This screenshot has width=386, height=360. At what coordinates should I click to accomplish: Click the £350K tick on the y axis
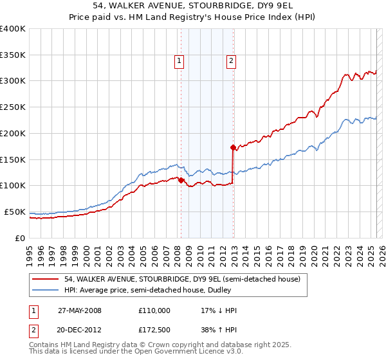[13, 55]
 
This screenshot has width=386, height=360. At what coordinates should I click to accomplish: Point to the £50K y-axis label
[15, 212]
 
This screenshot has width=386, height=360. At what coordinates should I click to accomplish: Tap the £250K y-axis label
[13, 107]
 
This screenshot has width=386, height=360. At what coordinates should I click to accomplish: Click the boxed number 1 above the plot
[178, 61]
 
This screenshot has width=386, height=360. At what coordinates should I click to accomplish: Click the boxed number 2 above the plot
[230, 61]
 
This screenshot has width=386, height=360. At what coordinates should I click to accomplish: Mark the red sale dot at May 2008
[181, 180]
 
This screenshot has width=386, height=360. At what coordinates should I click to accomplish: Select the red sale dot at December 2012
[233, 147]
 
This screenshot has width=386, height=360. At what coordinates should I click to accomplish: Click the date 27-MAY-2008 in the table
[80, 310]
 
